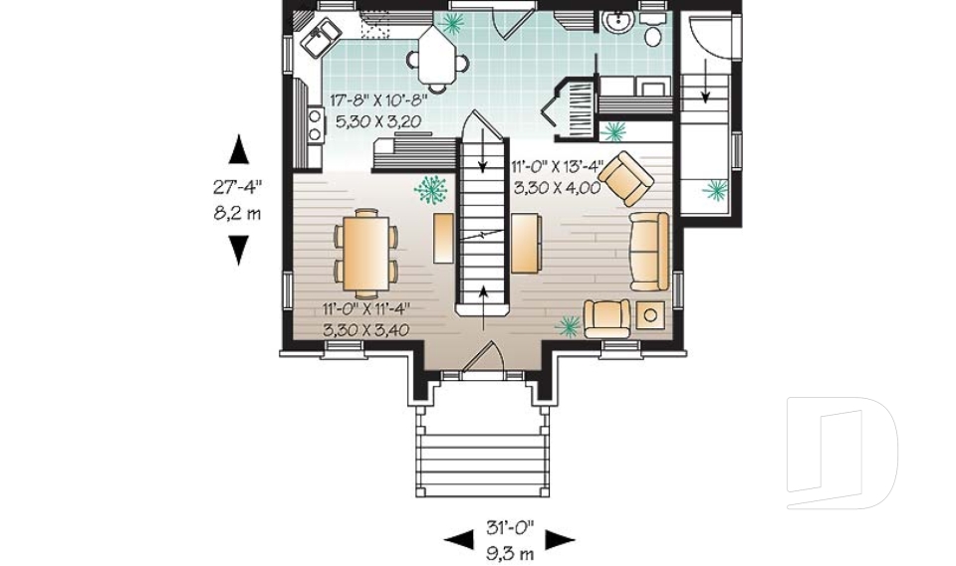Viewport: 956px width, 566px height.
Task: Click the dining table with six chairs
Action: coord(365,253)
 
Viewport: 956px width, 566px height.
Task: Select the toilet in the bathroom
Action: coord(653,37)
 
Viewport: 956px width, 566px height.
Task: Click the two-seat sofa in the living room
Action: coord(649,251)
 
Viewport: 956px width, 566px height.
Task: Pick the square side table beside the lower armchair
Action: coord(651,315)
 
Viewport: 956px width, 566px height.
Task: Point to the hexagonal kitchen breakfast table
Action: coord(439,56)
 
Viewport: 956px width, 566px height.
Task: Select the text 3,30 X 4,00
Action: coord(557,186)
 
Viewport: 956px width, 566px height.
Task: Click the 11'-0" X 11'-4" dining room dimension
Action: coord(365,307)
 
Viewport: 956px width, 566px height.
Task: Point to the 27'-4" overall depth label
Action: coord(238,187)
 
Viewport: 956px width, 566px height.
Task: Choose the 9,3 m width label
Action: coord(509,552)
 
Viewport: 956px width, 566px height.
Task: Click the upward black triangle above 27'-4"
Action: coord(238,149)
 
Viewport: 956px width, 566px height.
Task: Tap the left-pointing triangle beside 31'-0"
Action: coord(458,540)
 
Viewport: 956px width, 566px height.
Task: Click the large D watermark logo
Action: coord(841,453)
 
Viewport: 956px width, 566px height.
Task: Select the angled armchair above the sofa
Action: coord(630,179)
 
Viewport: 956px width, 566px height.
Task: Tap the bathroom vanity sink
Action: coord(618,21)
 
